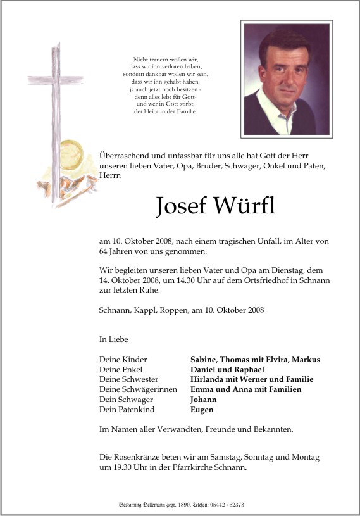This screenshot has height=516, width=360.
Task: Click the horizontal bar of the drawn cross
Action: (56, 78)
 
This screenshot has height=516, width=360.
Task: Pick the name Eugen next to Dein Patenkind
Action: (202, 410)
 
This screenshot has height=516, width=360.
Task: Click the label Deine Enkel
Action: (121, 369)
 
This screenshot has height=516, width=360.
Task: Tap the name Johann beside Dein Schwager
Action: (204, 400)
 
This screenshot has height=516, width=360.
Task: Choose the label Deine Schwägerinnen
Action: (138, 389)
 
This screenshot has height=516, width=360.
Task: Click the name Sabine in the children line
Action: (206, 359)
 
